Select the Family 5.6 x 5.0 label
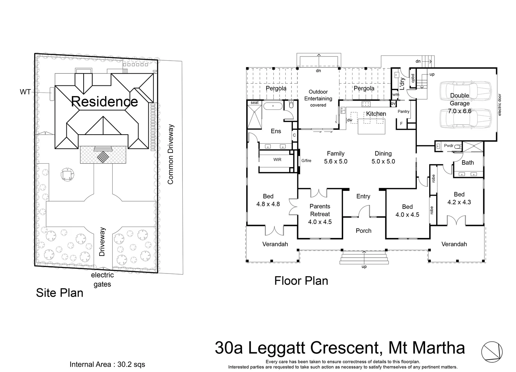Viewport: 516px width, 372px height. [335, 157]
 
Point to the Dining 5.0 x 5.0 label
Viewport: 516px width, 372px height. [383, 157]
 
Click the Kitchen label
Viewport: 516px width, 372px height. [376, 114]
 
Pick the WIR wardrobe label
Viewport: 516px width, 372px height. [277, 160]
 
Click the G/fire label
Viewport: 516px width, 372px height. [306, 161]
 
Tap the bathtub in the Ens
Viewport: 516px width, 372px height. [273, 106]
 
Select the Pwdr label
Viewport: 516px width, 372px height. [449, 146]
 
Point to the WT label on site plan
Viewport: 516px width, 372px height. [25, 92]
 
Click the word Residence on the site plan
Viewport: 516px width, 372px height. [104, 102]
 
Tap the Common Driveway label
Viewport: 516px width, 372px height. [170, 154]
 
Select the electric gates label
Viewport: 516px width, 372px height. [102, 280]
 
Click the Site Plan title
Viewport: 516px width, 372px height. [60, 293]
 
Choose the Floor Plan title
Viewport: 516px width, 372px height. [301, 281]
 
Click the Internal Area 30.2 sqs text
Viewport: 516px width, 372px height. [107, 364]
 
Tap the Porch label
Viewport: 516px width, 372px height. [364, 231]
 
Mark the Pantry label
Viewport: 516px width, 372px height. [403, 112]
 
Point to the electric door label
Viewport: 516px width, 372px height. [499, 105]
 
